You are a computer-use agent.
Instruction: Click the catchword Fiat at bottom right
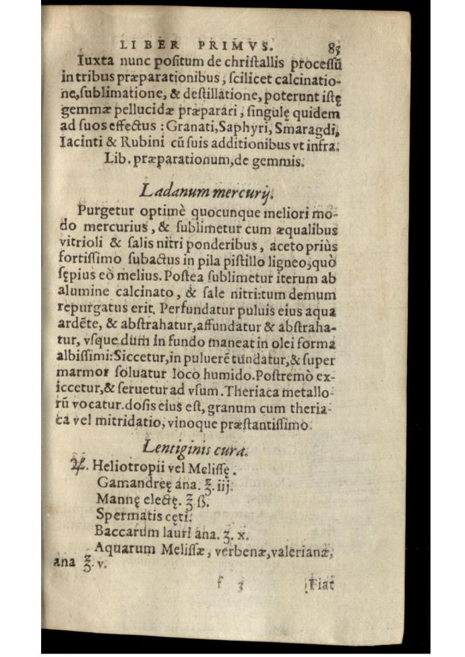point(321,585)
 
